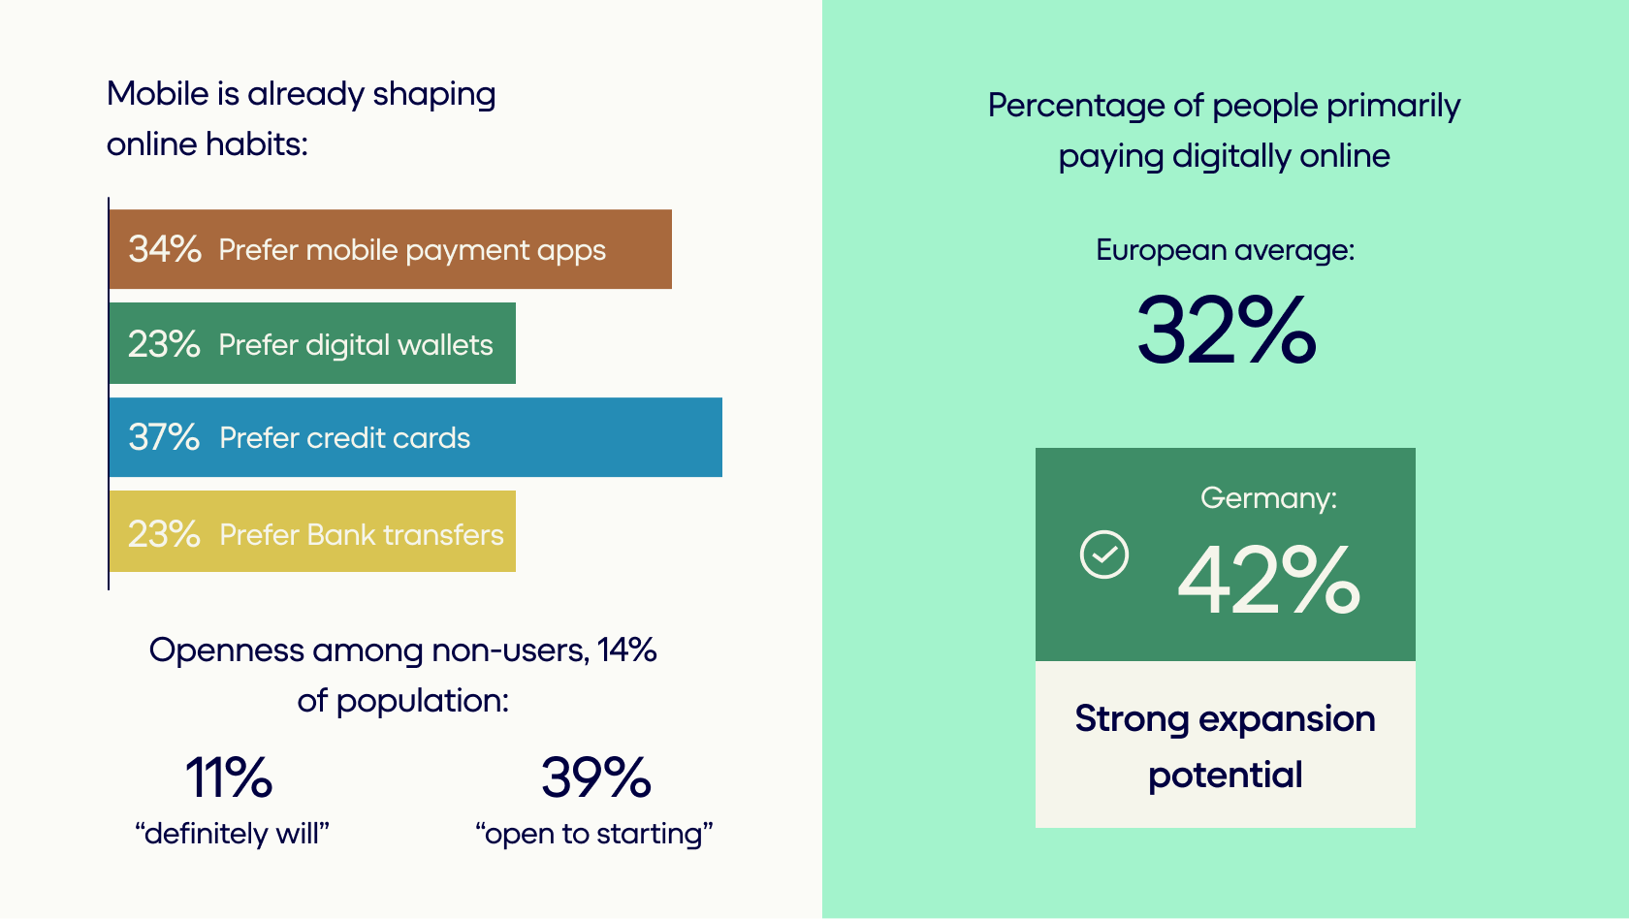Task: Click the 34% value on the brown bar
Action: click(165, 248)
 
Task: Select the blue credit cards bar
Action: click(415, 437)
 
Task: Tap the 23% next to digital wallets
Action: click(164, 344)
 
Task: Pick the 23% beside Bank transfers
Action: click(164, 533)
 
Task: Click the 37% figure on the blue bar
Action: click(164, 437)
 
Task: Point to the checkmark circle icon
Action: click(1103, 555)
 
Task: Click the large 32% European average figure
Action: click(1226, 330)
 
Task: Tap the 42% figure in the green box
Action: click(1268, 580)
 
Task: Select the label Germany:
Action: click(1268, 498)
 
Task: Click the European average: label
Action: click(1226, 250)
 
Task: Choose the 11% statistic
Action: click(229, 777)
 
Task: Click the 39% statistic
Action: click(595, 777)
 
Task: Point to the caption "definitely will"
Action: click(232, 834)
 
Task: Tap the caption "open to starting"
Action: click(594, 834)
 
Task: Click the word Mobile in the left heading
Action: click(158, 94)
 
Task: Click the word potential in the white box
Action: click(1226, 776)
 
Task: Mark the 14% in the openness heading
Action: click(626, 650)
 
